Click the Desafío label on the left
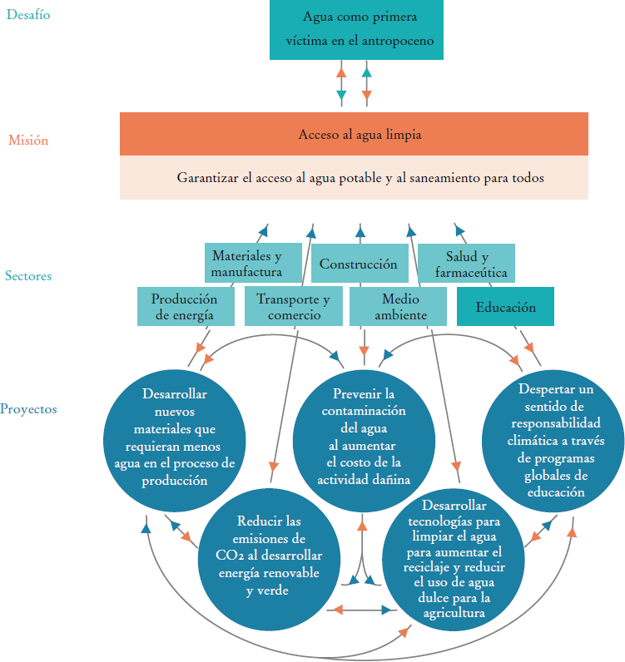[28, 14]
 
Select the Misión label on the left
[28, 141]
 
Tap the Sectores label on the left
[27, 275]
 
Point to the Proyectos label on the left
[28, 409]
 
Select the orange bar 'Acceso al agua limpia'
[354, 134]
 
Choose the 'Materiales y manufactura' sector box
[246, 264]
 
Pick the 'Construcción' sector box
[359, 264]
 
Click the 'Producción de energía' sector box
[184, 307]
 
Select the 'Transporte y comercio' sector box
[293, 307]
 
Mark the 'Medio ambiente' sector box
[400, 307]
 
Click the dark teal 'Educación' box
[505, 307]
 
